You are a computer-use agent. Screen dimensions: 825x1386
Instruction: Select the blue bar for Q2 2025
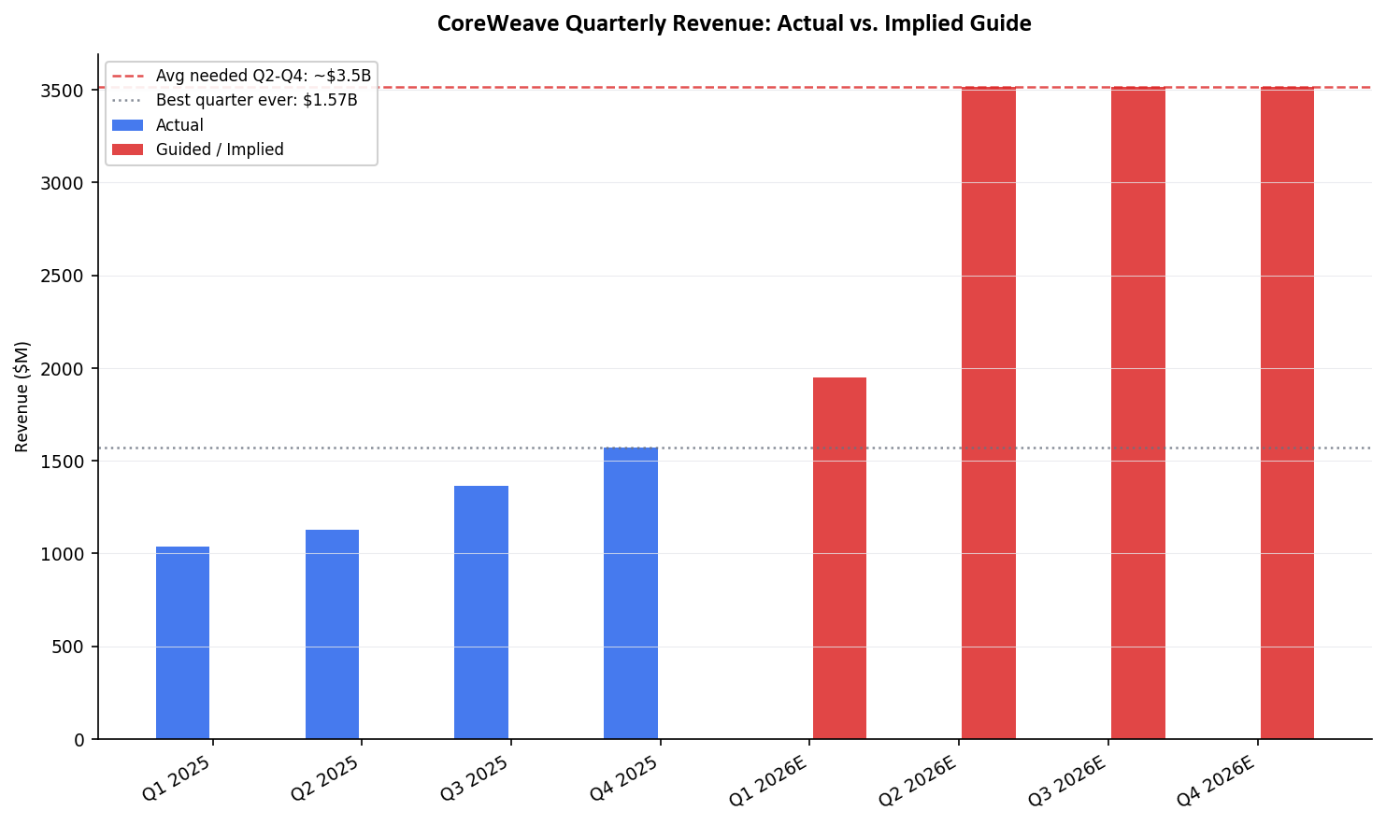pos(332,634)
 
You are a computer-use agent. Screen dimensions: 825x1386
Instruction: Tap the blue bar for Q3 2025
pos(481,612)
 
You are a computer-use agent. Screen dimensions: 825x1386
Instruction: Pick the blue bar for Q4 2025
pos(631,593)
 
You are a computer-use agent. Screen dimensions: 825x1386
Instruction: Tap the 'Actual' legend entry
pos(179,125)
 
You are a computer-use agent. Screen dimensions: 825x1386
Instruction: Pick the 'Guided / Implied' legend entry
pos(220,149)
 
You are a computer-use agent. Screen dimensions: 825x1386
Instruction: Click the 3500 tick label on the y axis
pos(64,91)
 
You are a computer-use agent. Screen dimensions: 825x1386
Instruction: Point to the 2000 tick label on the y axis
pos(64,369)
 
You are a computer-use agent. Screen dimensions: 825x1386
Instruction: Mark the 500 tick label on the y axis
pos(68,647)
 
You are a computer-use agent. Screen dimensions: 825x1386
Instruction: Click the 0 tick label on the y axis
pos(79,740)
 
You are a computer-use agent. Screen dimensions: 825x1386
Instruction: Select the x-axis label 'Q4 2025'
pos(624,778)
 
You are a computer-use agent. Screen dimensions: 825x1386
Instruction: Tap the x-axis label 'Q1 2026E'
pos(768,782)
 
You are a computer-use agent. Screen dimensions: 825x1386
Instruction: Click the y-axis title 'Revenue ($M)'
pos(22,396)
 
